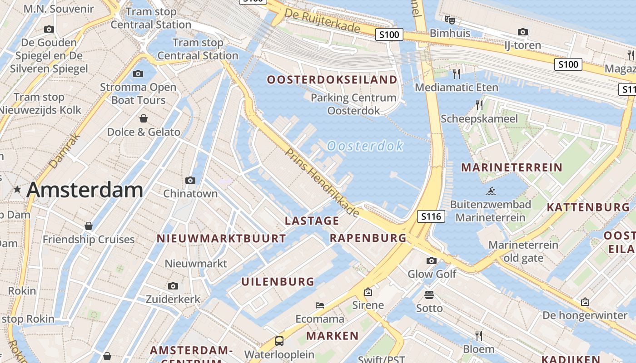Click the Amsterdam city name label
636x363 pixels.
pyautogui.click(x=84, y=190)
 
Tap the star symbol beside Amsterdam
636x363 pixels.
pyautogui.click(x=17, y=189)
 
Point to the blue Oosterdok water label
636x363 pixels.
pyautogui.click(x=365, y=146)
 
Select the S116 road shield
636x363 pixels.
pyautogui.click(x=431, y=216)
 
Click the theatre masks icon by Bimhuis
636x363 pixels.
pyautogui.click(x=449, y=20)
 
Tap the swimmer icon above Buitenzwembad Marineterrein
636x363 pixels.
pyautogui.click(x=490, y=191)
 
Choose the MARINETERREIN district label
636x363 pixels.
pyautogui.click(x=512, y=167)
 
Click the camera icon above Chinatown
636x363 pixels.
pyautogui.click(x=190, y=180)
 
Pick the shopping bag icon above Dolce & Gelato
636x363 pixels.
pyautogui.click(x=144, y=118)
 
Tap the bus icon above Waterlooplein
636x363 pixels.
pyautogui.click(x=279, y=341)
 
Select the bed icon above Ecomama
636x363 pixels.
pyautogui.click(x=320, y=305)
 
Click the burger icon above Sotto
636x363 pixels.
pyautogui.click(x=429, y=295)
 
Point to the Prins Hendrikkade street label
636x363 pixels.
pyautogui.click(x=322, y=182)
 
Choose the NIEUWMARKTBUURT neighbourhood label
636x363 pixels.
pyautogui.click(x=221, y=238)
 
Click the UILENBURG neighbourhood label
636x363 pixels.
pyautogui.click(x=278, y=282)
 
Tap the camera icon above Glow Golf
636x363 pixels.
pyautogui.click(x=431, y=260)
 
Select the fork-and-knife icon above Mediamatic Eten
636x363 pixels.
pyautogui.click(x=457, y=73)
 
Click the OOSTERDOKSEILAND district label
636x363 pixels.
pyautogui.click(x=332, y=80)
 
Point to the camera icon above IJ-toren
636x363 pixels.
pyautogui.click(x=523, y=32)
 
